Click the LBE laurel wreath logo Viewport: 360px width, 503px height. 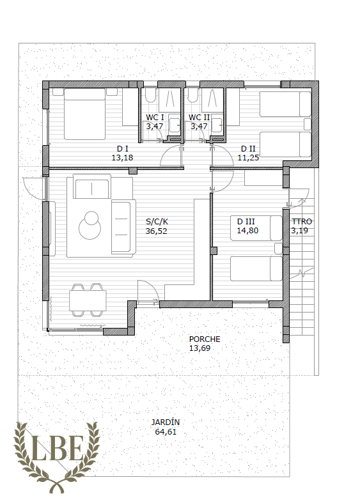tap(56, 457)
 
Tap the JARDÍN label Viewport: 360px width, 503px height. tap(166, 422)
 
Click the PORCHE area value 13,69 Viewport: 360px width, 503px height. tap(200, 348)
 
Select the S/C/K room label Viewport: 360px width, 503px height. tap(157, 222)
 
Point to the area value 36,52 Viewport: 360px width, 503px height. tap(156, 231)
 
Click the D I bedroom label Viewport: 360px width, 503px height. tap(123, 148)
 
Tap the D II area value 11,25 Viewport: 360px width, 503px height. tap(248, 157)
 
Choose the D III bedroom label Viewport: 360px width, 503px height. tap(246, 221)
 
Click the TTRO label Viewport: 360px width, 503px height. tap(302, 221)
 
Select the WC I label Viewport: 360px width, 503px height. tap(155, 118)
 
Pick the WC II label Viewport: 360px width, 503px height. tap(199, 118)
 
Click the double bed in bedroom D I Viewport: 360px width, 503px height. tap(84, 114)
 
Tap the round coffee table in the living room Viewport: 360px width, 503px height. tap(90, 225)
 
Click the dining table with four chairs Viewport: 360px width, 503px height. tap(88, 300)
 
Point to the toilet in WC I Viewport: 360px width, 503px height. tap(150, 95)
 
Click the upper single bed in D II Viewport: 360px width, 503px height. tap(285, 104)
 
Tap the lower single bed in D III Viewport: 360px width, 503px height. tap(256, 268)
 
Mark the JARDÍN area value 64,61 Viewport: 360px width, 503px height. tap(166, 432)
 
